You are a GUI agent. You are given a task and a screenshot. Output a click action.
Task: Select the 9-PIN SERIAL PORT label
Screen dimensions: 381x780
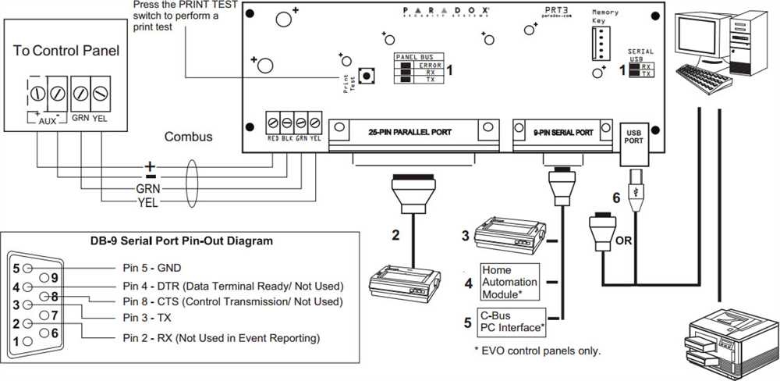click(558, 132)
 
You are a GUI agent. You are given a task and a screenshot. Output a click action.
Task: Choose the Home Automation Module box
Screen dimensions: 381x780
click(509, 281)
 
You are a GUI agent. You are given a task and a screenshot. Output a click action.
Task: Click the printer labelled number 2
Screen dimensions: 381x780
click(406, 280)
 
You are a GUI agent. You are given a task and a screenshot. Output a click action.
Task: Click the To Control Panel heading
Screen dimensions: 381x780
click(66, 52)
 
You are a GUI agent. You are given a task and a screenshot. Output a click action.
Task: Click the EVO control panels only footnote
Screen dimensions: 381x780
click(537, 350)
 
